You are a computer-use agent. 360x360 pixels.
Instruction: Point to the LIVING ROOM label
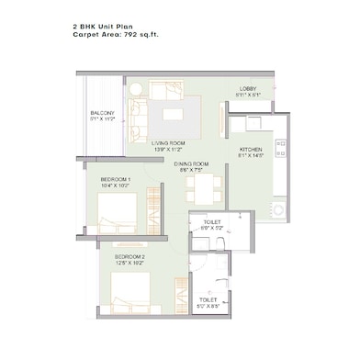point(170,143)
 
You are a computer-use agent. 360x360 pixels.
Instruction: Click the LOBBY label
point(247,87)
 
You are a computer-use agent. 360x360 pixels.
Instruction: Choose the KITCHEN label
point(252,149)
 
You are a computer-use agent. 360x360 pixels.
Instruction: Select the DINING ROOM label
point(194,163)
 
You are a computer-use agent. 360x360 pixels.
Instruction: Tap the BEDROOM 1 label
point(117,179)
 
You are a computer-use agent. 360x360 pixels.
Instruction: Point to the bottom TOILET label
point(208,299)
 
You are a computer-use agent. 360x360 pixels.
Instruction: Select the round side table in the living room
point(135,89)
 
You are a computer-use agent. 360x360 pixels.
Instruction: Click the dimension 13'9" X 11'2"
point(170,151)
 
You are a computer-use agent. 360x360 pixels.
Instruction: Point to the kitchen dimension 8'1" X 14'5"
point(252,156)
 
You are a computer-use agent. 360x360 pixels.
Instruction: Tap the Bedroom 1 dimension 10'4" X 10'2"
point(117,186)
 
